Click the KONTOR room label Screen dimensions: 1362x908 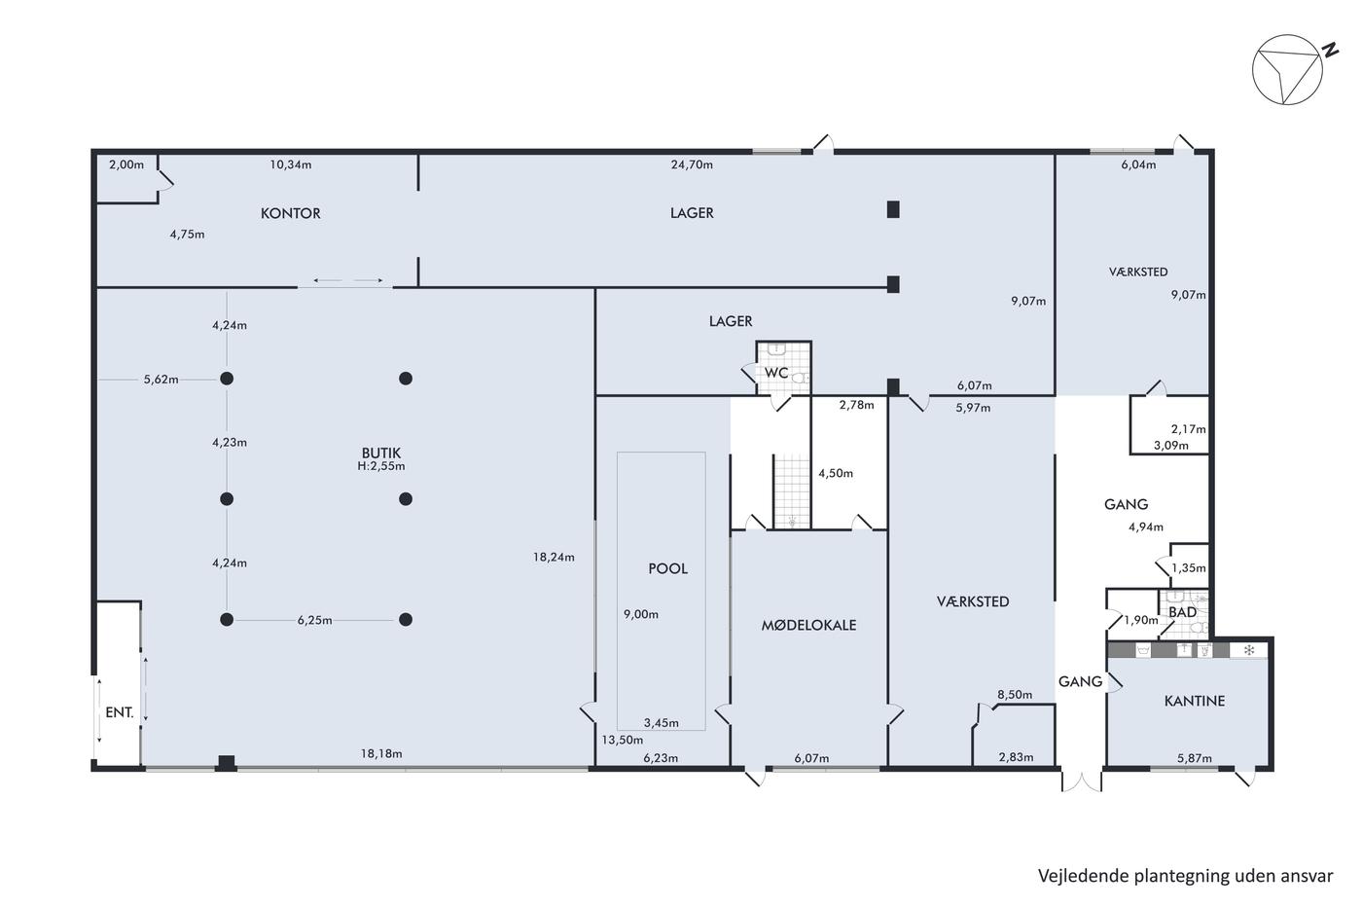pos(290,213)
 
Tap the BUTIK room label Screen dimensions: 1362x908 pos(381,454)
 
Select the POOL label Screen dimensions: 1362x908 pos(667,568)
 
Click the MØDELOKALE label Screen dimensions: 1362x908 pos(808,625)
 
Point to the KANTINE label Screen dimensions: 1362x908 pos(1195,702)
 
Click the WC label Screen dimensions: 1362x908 pos(776,373)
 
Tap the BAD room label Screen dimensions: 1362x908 pos(1183,612)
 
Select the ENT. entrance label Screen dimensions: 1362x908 pos(119,712)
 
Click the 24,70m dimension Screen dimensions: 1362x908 pos(692,164)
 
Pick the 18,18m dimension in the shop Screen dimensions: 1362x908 pos(381,754)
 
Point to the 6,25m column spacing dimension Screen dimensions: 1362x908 pos(314,621)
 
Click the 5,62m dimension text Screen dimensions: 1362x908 pos(161,381)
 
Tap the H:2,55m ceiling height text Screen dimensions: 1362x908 pos(381,466)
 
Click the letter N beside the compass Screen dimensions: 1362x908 pos(1327,50)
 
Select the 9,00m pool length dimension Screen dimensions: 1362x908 pos(641,615)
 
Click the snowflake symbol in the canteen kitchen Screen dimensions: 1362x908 pos(1249,650)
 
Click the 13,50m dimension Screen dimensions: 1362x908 pos(622,741)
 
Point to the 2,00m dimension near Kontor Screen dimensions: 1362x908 pos(126,164)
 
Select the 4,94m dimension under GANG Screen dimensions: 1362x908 pos(1146,527)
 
